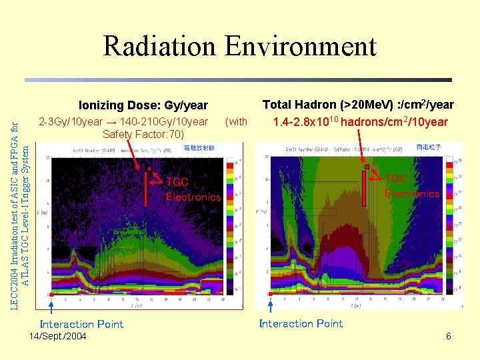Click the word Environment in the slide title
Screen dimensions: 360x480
301,47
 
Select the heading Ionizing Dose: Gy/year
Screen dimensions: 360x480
143,105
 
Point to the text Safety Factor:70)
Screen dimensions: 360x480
143,134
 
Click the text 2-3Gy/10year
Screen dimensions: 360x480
71,122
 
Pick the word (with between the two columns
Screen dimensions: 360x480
236,122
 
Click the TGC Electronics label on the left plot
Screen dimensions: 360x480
193,189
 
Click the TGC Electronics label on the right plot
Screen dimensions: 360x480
412,186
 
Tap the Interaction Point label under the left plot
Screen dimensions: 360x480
81,324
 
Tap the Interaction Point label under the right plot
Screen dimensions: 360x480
301,323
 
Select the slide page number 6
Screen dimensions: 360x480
449,336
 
